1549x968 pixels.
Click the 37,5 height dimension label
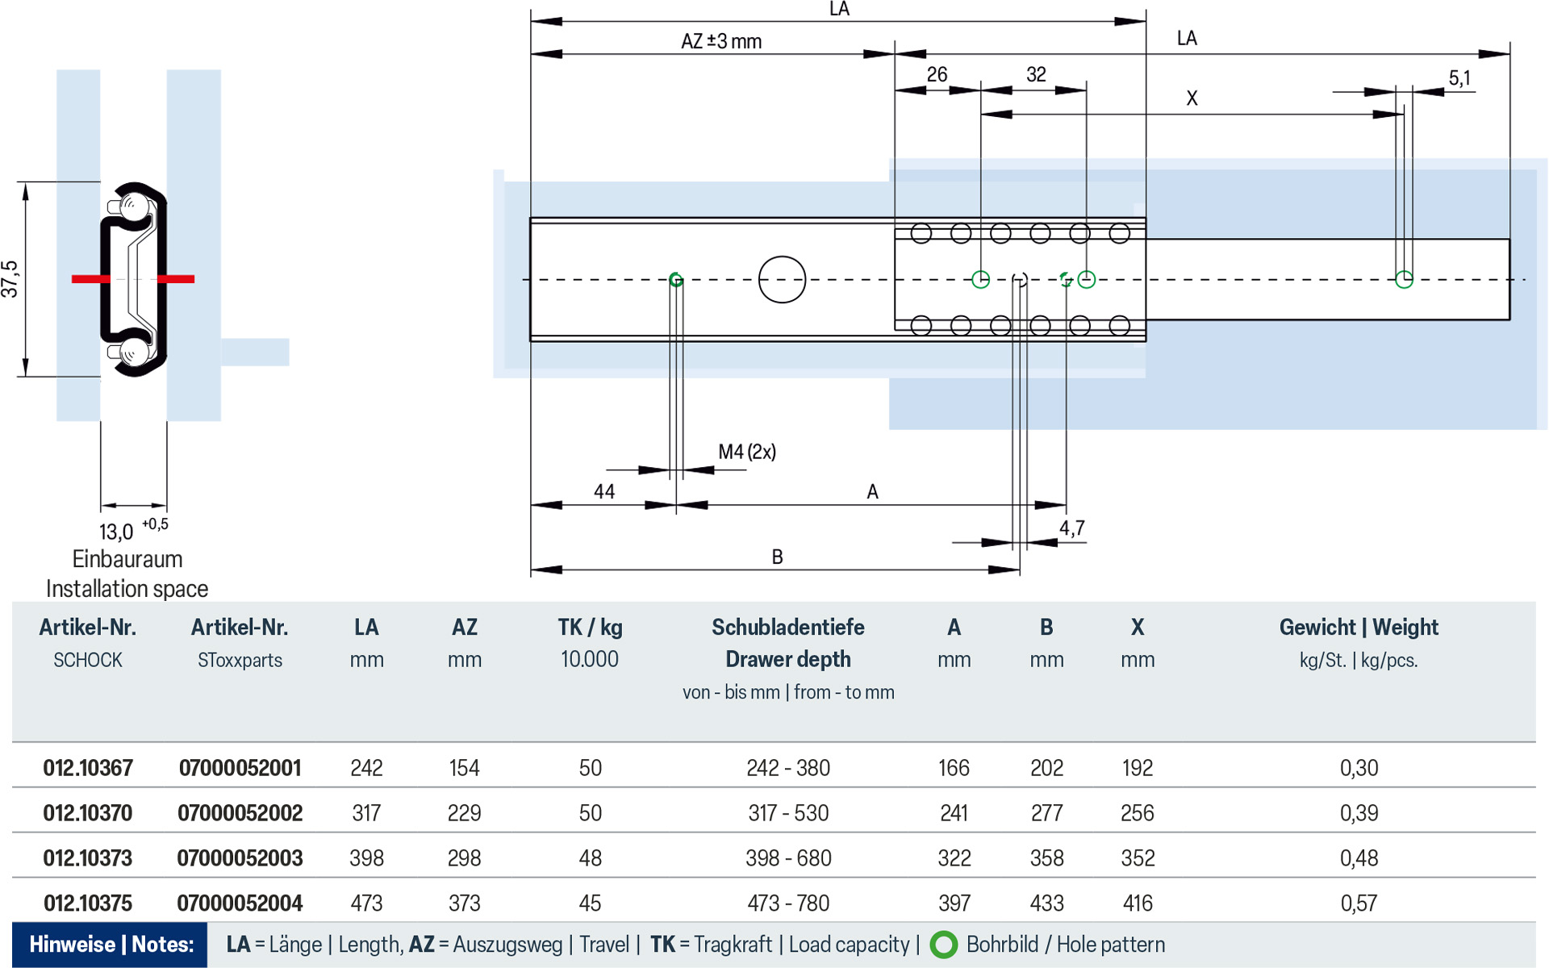pos(10,279)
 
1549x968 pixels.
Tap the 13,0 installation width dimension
pos(116,532)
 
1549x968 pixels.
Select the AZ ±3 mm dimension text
pos(721,41)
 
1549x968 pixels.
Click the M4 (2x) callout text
pos(747,452)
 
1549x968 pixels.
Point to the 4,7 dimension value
pos(1071,528)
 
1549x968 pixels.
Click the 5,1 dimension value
pos(1459,78)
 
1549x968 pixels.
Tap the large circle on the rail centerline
pos(782,280)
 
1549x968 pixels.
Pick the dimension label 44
pos(604,491)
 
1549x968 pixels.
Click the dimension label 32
pos(1036,75)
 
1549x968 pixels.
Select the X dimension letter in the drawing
pos(1192,98)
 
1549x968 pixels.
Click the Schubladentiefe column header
pos(787,628)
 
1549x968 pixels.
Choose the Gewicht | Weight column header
pos(1359,628)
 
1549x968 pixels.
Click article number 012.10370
pos(88,813)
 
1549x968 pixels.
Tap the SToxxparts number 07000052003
pos(240,858)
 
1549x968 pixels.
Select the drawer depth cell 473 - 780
pos(787,903)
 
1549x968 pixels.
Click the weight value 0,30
pos(1359,768)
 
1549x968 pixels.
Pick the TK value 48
pos(590,858)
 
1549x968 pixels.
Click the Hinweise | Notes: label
pos(111,945)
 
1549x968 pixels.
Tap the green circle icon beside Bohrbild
pos(943,945)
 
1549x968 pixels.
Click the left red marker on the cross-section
pos(90,279)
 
